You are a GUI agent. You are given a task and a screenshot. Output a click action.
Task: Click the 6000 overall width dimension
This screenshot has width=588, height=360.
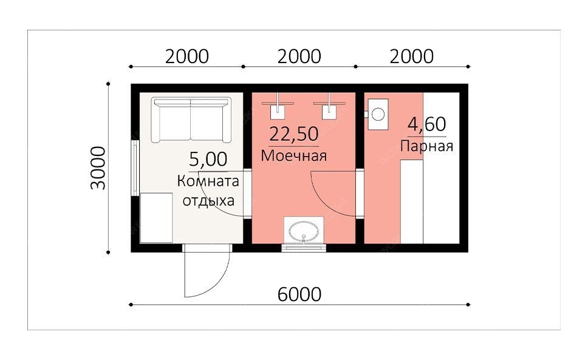click(299, 294)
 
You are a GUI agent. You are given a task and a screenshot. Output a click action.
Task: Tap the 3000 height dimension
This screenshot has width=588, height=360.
click(98, 168)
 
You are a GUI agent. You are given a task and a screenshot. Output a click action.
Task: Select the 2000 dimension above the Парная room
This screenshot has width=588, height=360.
click(411, 56)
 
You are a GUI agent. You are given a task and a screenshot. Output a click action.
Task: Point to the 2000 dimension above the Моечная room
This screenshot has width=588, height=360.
click(299, 56)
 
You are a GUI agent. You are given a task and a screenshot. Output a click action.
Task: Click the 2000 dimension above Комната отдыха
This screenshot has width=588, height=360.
click(186, 56)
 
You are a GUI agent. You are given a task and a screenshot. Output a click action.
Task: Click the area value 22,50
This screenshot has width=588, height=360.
click(294, 134)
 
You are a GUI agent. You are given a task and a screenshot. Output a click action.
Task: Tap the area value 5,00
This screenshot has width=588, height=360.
click(208, 159)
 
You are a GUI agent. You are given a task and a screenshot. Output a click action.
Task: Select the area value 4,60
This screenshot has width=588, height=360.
click(427, 124)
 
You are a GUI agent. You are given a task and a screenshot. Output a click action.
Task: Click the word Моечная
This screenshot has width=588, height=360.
click(293, 155)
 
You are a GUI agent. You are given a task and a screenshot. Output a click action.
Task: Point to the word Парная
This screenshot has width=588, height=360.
click(427, 146)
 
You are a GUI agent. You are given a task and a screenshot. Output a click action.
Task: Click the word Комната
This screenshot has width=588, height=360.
click(208, 181)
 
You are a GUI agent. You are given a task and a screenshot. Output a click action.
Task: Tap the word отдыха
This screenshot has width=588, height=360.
click(208, 201)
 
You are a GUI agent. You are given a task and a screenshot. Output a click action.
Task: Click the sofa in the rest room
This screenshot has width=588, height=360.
click(191, 120)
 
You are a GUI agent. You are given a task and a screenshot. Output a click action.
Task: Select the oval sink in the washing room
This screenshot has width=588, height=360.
click(304, 231)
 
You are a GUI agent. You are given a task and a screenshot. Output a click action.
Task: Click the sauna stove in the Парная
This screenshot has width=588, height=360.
click(378, 114)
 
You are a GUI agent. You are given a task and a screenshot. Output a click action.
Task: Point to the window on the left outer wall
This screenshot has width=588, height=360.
click(135, 168)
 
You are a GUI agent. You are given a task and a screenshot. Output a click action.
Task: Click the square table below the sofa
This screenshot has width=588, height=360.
click(156, 218)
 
